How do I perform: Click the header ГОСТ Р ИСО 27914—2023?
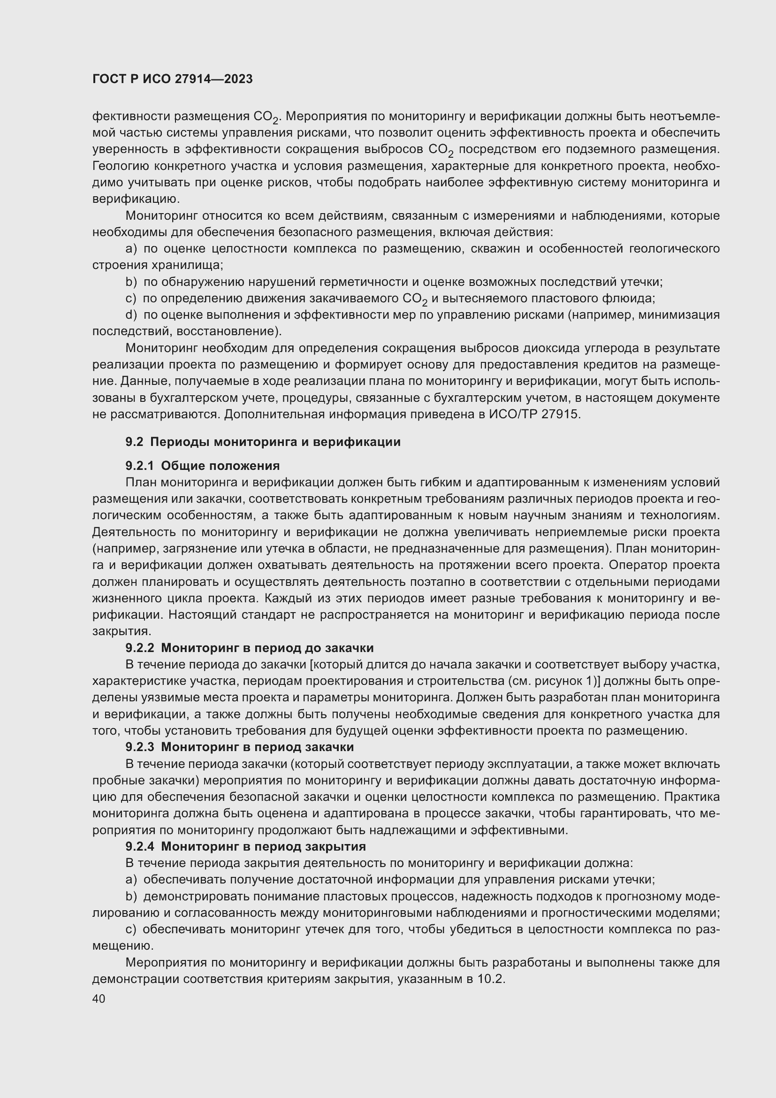[x=173, y=79]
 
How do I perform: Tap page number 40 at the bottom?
[x=99, y=998]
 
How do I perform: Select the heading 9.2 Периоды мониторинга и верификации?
[x=263, y=442]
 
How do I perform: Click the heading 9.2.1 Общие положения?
[x=203, y=465]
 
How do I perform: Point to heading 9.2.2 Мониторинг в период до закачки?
[x=250, y=648]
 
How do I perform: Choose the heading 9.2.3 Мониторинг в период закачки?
[x=239, y=746]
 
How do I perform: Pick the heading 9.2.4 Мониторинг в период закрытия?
[x=245, y=846]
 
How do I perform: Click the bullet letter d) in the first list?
[x=131, y=315]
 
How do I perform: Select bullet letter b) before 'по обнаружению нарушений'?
[x=131, y=282]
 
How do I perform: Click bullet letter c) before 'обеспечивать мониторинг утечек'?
[x=131, y=929]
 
